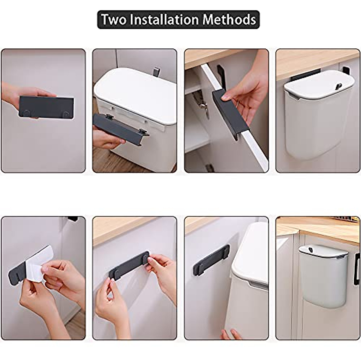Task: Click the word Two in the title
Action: pos(112,20)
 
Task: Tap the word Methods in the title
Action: pos(229,20)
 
